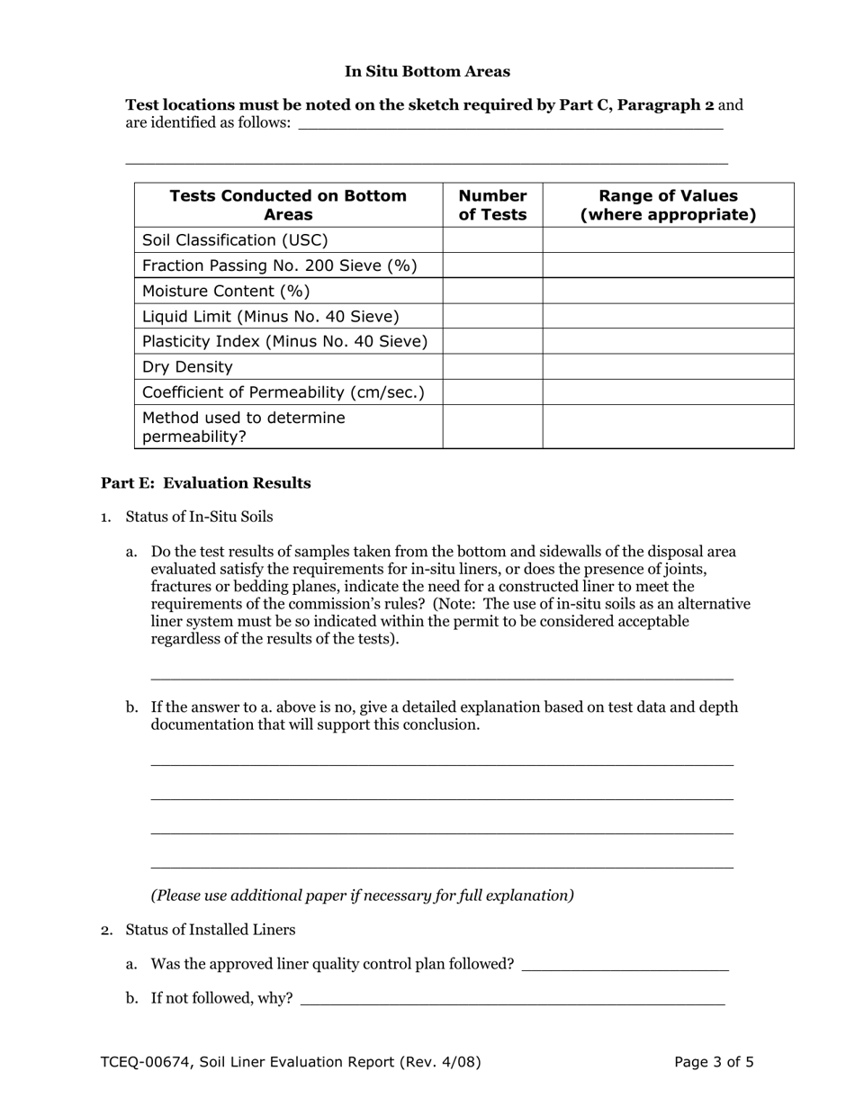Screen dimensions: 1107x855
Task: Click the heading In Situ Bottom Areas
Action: pos(427,71)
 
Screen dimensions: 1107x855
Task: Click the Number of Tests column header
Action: pos(492,205)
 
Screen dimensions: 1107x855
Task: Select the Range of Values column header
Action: pos(668,205)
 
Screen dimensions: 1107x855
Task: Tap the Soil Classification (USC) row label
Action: pos(235,240)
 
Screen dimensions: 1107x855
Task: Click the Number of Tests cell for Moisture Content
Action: pos(492,291)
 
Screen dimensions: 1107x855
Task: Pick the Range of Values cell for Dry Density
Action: pos(668,366)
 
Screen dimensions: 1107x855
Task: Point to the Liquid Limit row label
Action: pos(270,317)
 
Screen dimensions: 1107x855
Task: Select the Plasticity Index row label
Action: pos(284,341)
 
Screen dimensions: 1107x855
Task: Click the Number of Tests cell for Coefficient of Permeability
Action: pos(492,392)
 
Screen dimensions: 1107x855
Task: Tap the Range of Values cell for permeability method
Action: pos(668,427)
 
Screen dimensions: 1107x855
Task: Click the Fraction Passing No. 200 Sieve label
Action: pos(279,265)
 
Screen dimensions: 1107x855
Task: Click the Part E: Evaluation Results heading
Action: pos(205,483)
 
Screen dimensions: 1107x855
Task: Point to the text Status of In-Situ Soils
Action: pos(199,517)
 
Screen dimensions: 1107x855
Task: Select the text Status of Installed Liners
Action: pos(210,930)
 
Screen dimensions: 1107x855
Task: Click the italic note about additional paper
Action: pos(362,895)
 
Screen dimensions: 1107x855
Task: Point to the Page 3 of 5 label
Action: pos(714,1062)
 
